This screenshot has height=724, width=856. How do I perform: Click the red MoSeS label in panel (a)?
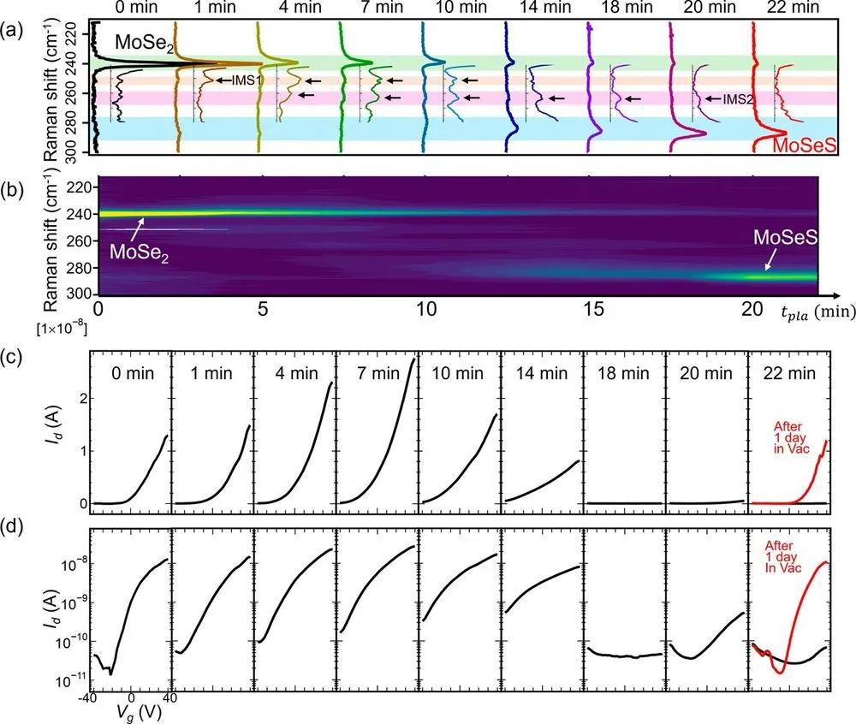(x=804, y=145)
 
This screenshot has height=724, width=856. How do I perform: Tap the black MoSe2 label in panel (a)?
(x=144, y=43)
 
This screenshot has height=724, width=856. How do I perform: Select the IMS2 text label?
(x=739, y=99)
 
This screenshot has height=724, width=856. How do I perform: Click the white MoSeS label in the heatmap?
(x=786, y=237)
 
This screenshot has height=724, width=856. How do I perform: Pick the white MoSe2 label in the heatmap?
(x=140, y=252)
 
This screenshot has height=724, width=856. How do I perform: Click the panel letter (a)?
(x=12, y=30)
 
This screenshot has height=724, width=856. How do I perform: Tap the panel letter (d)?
(x=12, y=527)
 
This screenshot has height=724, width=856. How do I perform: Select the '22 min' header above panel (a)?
(x=793, y=7)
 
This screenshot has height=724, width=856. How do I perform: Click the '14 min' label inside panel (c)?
(x=542, y=373)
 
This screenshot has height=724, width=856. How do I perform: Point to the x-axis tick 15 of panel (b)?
(x=593, y=309)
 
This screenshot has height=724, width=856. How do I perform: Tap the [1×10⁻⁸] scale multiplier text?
(x=62, y=329)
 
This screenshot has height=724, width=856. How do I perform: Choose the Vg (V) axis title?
(x=139, y=712)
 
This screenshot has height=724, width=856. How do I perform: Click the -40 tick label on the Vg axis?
(x=87, y=697)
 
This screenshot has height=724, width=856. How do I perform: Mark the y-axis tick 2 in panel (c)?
(x=84, y=399)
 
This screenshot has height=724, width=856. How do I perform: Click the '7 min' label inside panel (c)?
(x=378, y=373)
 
